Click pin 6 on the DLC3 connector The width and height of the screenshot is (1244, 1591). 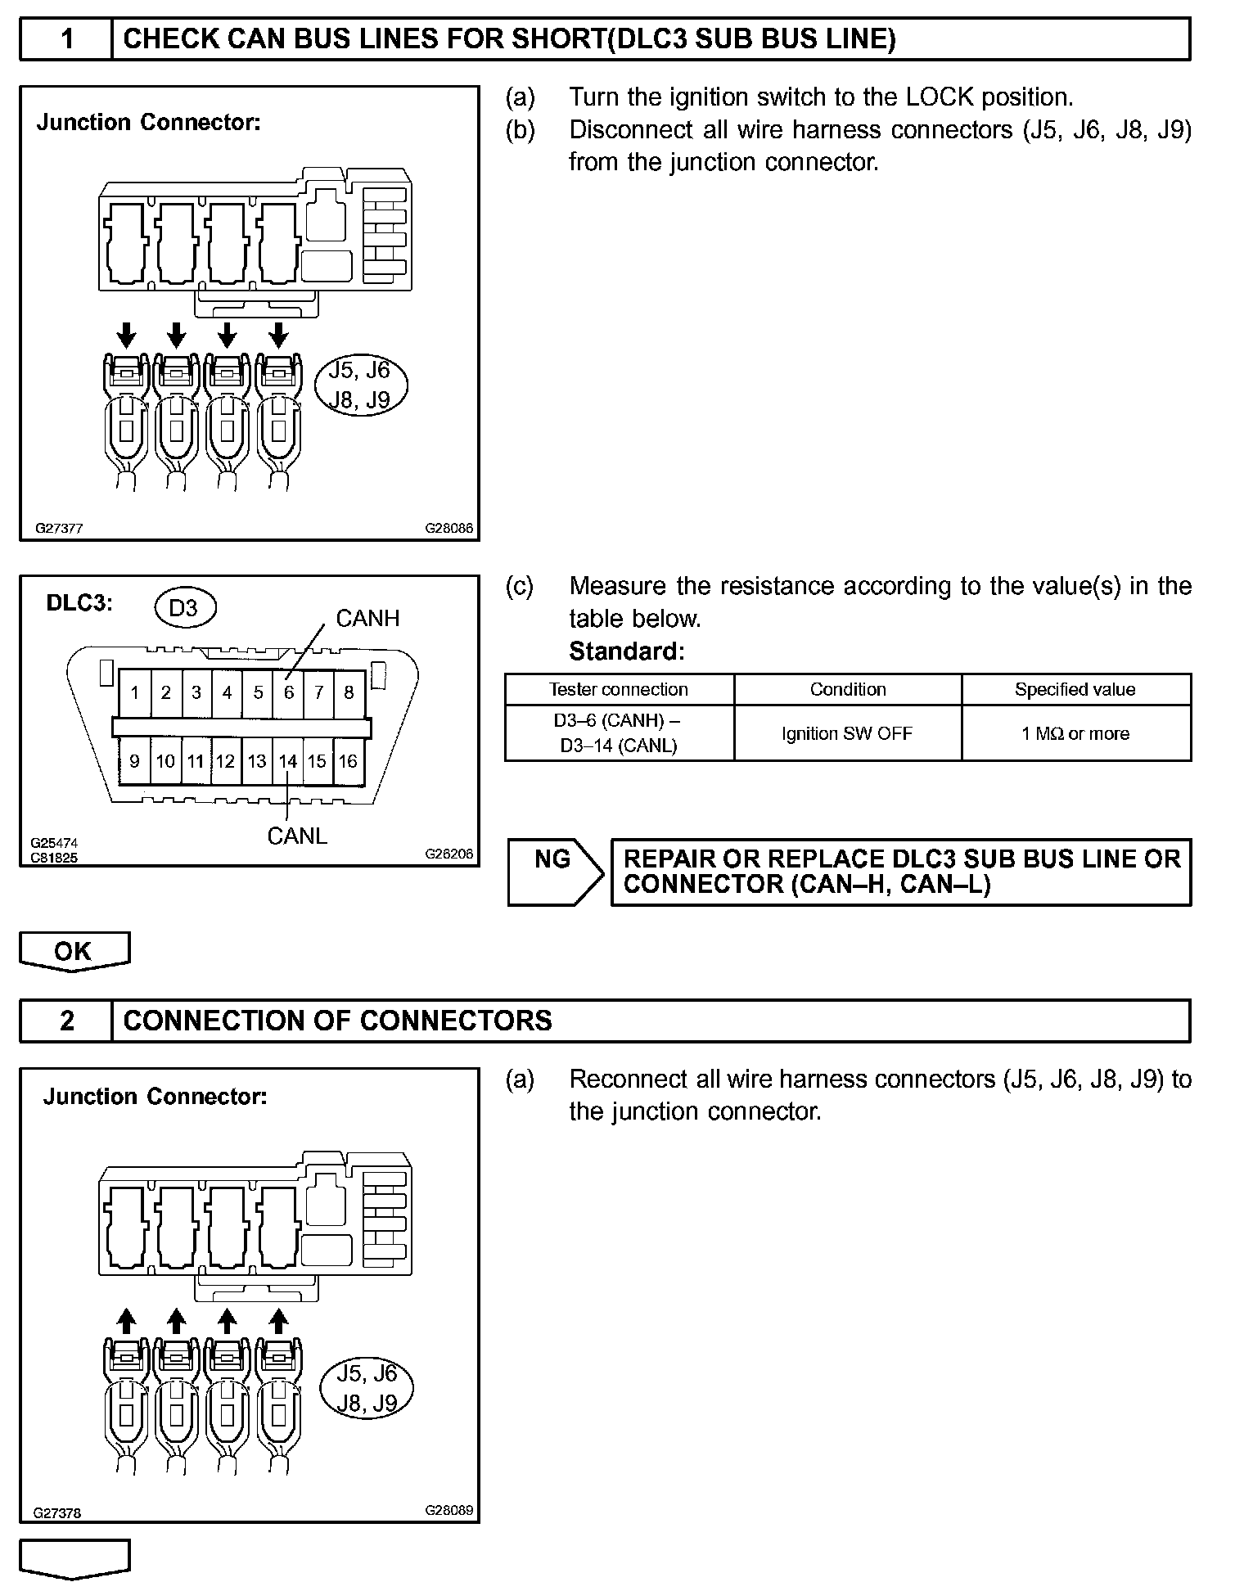tap(288, 692)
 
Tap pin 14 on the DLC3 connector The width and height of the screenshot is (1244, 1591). tap(287, 761)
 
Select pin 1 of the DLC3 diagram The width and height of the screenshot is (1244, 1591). tap(134, 692)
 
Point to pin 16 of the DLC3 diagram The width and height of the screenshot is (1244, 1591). tap(348, 761)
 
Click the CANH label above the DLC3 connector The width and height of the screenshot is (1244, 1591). tap(367, 619)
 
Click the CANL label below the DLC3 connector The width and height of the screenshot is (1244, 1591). tap(297, 836)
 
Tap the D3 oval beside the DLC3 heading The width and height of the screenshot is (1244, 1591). tap(184, 608)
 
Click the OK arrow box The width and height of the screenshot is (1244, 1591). tap(74, 951)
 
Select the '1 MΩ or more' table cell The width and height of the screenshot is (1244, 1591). tap(1075, 733)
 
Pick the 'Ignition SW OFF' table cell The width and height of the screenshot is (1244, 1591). tap(847, 733)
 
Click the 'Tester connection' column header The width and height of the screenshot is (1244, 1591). tap(619, 689)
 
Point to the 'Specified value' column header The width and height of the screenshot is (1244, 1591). tap(1075, 689)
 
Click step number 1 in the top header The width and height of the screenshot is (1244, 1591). tap(67, 38)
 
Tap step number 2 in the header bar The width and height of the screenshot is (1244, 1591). tap(67, 1021)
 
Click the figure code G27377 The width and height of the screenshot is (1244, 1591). tap(59, 529)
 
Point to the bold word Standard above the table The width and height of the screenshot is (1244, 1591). tap(626, 651)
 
